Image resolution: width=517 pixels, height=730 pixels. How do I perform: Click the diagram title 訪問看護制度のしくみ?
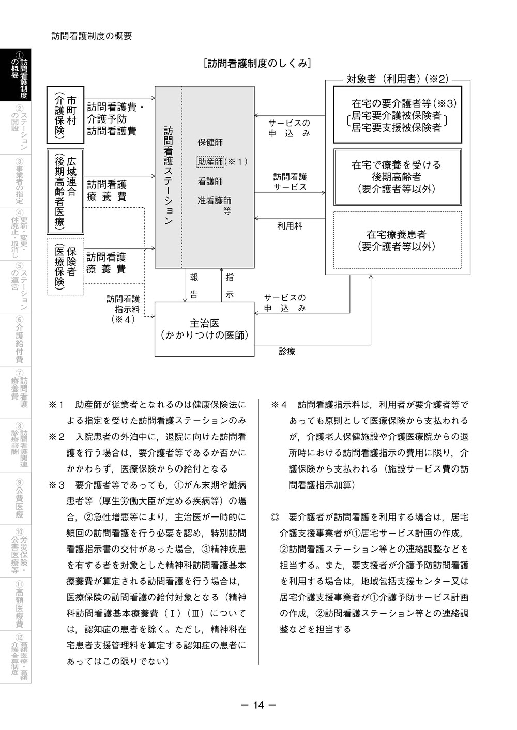tap(257, 64)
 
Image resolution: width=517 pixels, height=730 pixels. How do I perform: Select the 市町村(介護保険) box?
tap(66, 115)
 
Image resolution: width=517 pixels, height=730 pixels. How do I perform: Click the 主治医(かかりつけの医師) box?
tap(205, 329)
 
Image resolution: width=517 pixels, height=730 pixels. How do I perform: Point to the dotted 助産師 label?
tap(210, 162)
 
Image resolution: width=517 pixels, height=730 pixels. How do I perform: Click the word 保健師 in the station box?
tap(210, 142)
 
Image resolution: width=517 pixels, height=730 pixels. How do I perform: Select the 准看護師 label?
tap(214, 201)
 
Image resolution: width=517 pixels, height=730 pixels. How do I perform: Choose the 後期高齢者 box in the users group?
tap(397, 177)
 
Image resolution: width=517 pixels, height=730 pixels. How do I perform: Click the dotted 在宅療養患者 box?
tap(397, 240)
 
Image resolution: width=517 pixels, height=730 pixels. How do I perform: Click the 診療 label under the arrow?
tap(287, 352)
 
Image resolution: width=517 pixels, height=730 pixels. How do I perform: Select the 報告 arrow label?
tap(194, 285)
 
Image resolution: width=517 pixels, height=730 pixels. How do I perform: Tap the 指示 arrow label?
tap(230, 285)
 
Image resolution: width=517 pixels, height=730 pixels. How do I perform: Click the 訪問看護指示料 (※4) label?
tap(123, 309)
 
